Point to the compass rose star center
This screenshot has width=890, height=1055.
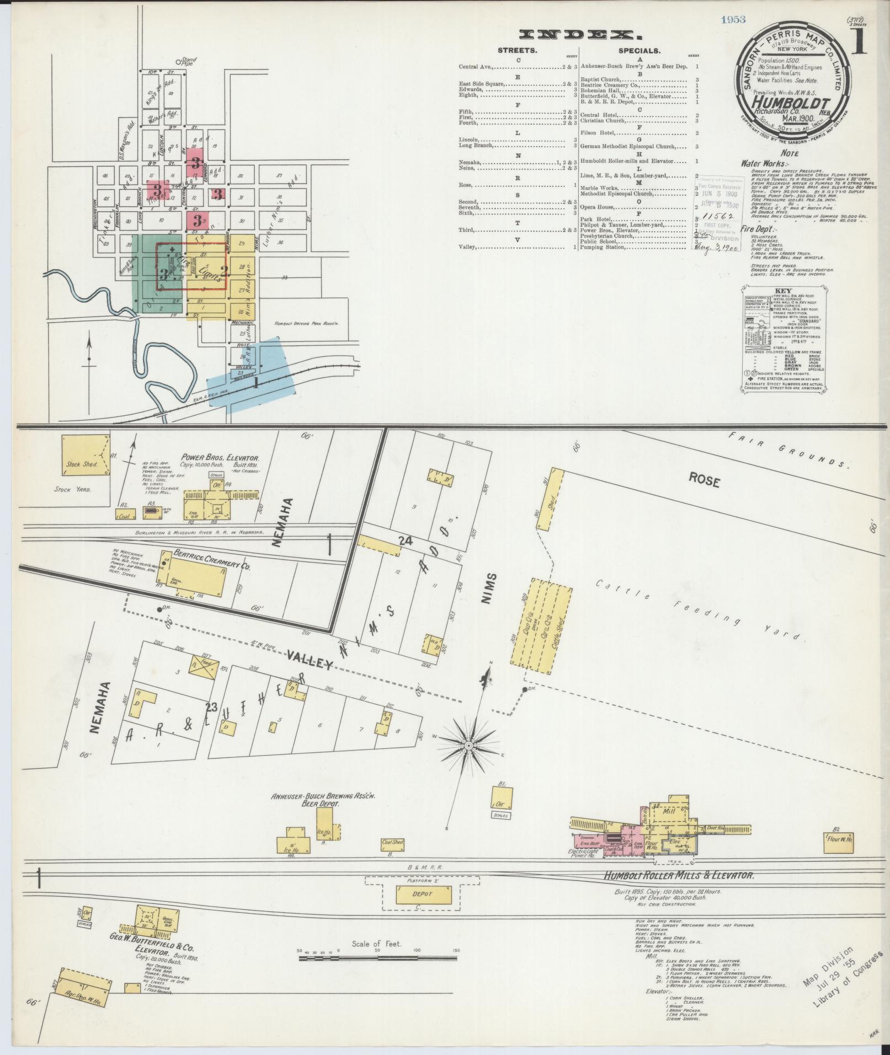click(468, 746)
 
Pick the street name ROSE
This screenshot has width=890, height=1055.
click(704, 481)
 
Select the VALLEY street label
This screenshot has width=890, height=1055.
click(311, 659)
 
